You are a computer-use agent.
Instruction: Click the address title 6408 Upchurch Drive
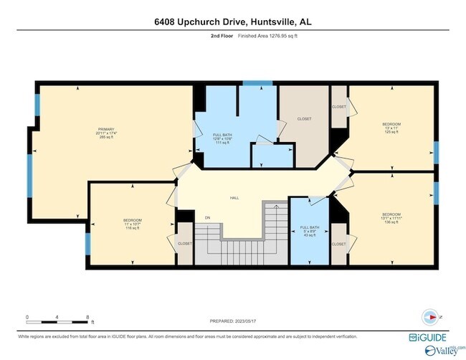coord(233,22)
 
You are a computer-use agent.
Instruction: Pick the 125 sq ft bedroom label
coord(391,128)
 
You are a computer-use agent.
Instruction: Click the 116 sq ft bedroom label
coord(132,224)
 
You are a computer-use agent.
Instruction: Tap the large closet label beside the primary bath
coord(304,119)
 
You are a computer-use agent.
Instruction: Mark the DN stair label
coord(208,217)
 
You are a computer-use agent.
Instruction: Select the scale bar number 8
coord(87,316)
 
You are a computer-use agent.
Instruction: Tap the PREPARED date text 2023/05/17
coord(232,322)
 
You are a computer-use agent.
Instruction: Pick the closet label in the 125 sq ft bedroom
coord(338,107)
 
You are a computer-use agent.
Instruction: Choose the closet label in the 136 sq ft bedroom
coord(338,244)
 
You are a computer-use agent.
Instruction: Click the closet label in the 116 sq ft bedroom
coord(185,244)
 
